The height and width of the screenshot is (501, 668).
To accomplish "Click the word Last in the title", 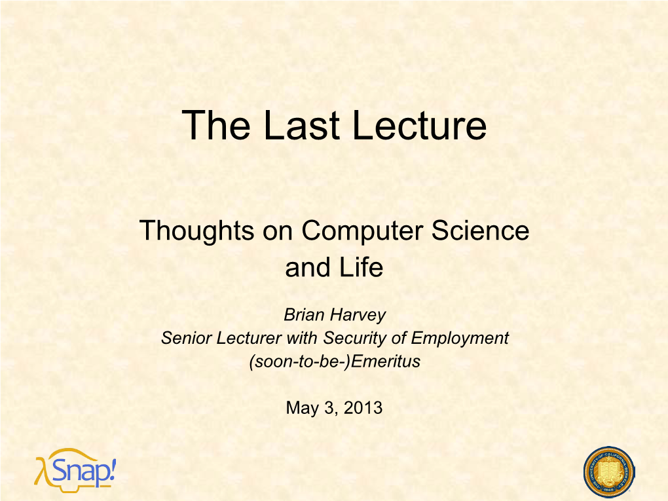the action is pyautogui.click(x=302, y=125).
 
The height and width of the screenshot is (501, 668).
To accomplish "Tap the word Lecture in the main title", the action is pyautogui.click(x=420, y=125).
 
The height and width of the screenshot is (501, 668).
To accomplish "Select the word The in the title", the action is pyautogui.click(x=216, y=125).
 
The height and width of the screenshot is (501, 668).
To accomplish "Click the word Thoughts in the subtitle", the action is pyautogui.click(x=197, y=231).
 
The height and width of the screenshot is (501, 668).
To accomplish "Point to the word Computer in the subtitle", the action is pyautogui.click(x=363, y=231).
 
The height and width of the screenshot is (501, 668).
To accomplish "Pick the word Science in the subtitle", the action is pyautogui.click(x=480, y=231).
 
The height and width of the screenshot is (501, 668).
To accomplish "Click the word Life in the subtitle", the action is pyautogui.click(x=362, y=268).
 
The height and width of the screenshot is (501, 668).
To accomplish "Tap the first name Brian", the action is pyautogui.click(x=304, y=315).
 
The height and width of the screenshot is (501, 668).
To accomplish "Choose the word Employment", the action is pyautogui.click(x=460, y=339).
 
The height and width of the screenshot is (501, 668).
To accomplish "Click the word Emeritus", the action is pyautogui.click(x=386, y=362).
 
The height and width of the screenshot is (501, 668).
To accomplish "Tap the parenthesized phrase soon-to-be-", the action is pyautogui.click(x=300, y=362).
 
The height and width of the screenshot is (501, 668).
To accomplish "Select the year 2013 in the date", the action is pyautogui.click(x=363, y=408).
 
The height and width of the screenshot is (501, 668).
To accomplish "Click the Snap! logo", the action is pyautogui.click(x=75, y=470).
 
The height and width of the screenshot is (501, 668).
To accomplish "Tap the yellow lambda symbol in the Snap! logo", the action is pyautogui.click(x=41, y=472).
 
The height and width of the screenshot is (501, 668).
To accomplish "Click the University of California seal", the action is pyautogui.click(x=609, y=472).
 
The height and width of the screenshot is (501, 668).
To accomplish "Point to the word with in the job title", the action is pyautogui.click(x=302, y=339).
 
